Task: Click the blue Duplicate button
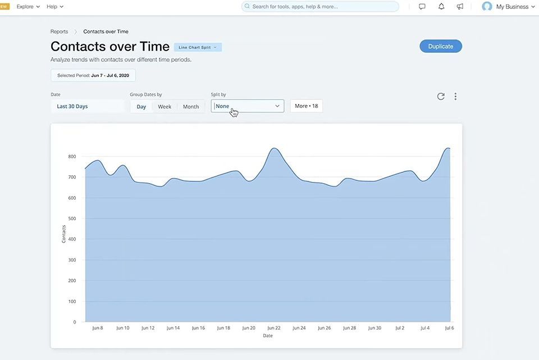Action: click(x=441, y=47)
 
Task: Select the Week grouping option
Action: click(x=165, y=107)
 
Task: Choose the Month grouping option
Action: click(x=191, y=107)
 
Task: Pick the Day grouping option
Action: click(x=141, y=107)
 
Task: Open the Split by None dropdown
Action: click(x=248, y=106)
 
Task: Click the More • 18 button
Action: click(x=307, y=106)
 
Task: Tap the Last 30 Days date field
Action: click(x=88, y=106)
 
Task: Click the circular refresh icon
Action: click(x=441, y=96)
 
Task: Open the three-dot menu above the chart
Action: click(x=455, y=96)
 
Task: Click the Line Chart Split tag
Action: click(x=198, y=47)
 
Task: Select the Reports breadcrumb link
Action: click(x=59, y=31)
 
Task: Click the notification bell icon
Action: click(x=441, y=7)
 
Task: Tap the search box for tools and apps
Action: click(x=320, y=7)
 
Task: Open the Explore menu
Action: click(x=28, y=7)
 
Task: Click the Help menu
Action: click(x=55, y=7)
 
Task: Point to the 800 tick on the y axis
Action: click(x=72, y=157)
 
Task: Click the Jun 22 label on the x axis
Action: click(x=273, y=328)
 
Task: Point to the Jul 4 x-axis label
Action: click(x=425, y=328)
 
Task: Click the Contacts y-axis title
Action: click(x=63, y=234)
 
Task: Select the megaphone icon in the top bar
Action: click(x=460, y=7)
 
